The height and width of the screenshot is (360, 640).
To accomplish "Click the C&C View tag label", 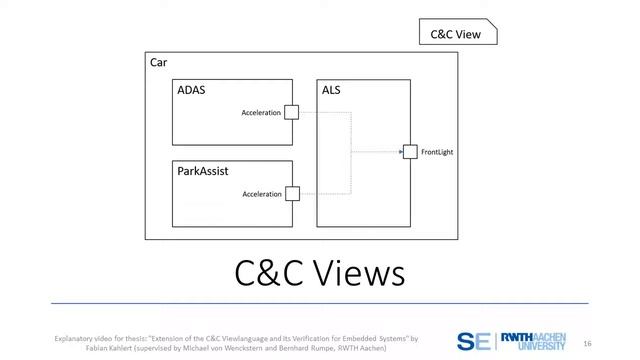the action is click(x=455, y=34).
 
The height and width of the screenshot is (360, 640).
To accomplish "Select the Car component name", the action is click(x=158, y=63).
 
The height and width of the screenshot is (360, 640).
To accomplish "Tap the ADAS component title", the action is click(x=191, y=90).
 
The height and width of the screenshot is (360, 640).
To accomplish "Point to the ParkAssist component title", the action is click(x=203, y=171).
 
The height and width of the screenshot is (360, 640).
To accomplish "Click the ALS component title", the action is click(x=332, y=90).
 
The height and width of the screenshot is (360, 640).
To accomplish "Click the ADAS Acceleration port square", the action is click(x=291, y=112).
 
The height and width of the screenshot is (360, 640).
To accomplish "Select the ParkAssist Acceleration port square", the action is click(x=292, y=193).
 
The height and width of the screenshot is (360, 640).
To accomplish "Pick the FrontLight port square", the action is click(x=409, y=152).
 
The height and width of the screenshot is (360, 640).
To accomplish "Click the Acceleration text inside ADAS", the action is click(x=261, y=113).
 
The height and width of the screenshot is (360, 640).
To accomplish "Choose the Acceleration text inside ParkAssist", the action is click(x=262, y=194).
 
